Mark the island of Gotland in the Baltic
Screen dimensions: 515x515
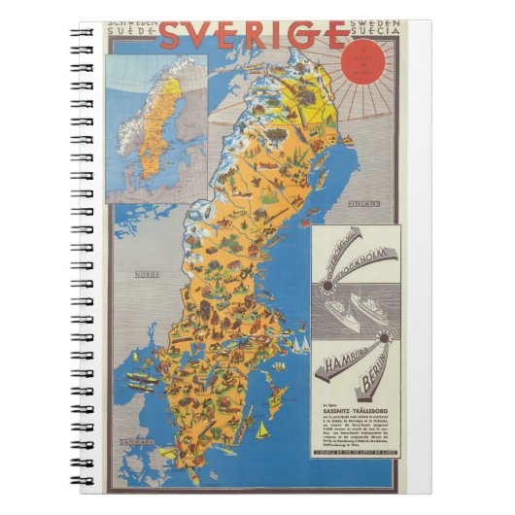[x=278, y=396]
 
